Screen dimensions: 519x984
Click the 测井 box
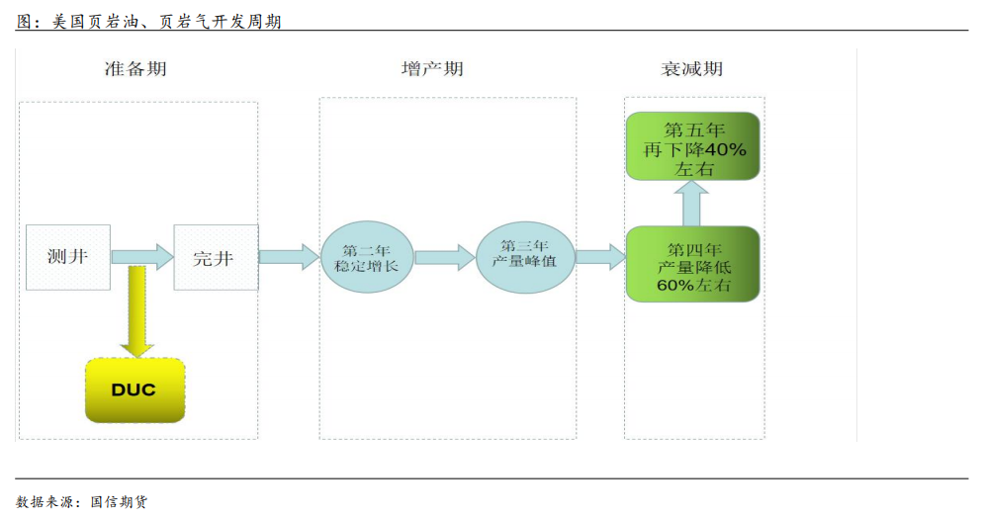(68, 257)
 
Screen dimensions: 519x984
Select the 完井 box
(216, 257)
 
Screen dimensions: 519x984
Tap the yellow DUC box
(134, 389)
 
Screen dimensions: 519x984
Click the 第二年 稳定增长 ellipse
(367, 258)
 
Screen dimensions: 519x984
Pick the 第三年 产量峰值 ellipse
(524, 257)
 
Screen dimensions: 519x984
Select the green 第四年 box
(692, 264)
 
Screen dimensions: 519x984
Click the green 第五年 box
(692, 146)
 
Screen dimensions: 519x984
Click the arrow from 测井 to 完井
(142, 257)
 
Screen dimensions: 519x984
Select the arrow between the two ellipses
(445, 257)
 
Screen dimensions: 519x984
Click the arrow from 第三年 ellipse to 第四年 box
(600, 257)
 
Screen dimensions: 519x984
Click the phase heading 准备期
(135, 69)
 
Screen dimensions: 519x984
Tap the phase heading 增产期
(432, 69)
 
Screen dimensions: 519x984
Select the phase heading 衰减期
(691, 69)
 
